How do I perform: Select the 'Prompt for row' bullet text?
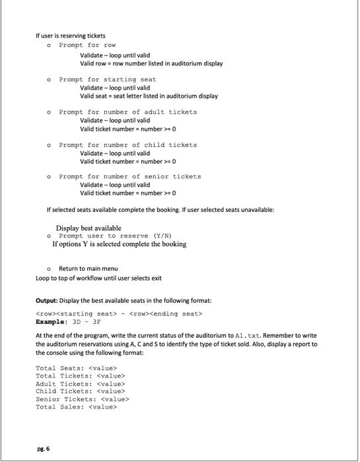[x=87, y=45]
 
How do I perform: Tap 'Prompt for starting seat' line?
[x=108, y=79]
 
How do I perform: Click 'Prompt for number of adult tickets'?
[x=127, y=112]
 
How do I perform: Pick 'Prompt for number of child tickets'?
[x=127, y=145]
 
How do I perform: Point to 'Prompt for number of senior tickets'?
[x=129, y=177]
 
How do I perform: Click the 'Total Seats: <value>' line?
[x=76, y=367]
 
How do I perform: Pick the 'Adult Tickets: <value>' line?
[x=80, y=383]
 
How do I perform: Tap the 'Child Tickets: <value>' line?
[x=80, y=391]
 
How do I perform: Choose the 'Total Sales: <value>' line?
[x=76, y=407]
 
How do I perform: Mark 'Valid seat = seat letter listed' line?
[x=149, y=96]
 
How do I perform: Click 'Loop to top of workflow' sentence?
[x=98, y=278]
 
